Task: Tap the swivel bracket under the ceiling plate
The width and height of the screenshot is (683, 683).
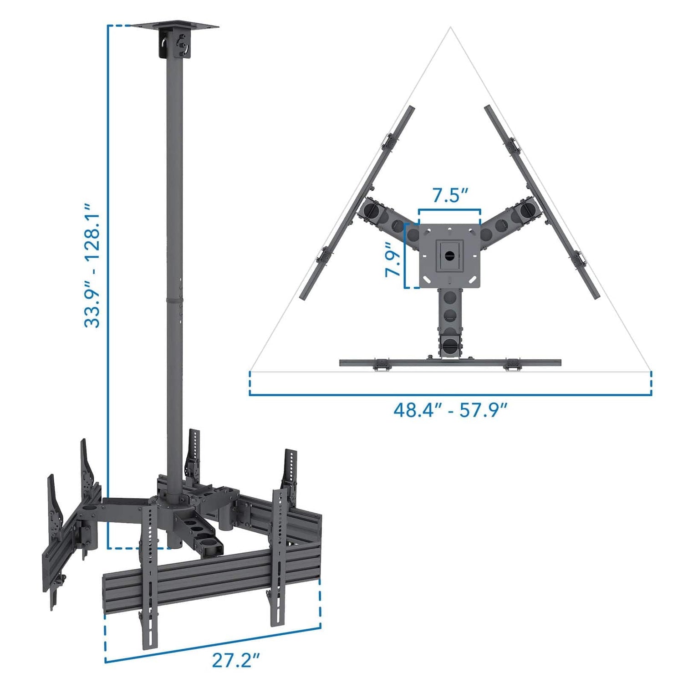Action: pos(174,45)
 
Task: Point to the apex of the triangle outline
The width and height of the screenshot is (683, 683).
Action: pos(450,28)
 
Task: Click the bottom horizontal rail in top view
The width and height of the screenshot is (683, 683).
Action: pos(450,362)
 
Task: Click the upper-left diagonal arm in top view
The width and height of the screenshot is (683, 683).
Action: pos(387,219)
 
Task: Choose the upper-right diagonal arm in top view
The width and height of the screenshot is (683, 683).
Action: pos(512,219)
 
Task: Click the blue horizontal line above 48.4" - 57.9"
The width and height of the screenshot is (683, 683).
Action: pos(450,395)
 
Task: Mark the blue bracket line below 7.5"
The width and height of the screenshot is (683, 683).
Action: pos(449,210)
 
